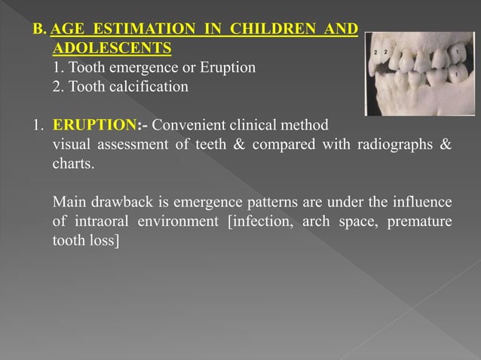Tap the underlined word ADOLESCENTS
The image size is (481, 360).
pyautogui.click(x=112, y=49)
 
